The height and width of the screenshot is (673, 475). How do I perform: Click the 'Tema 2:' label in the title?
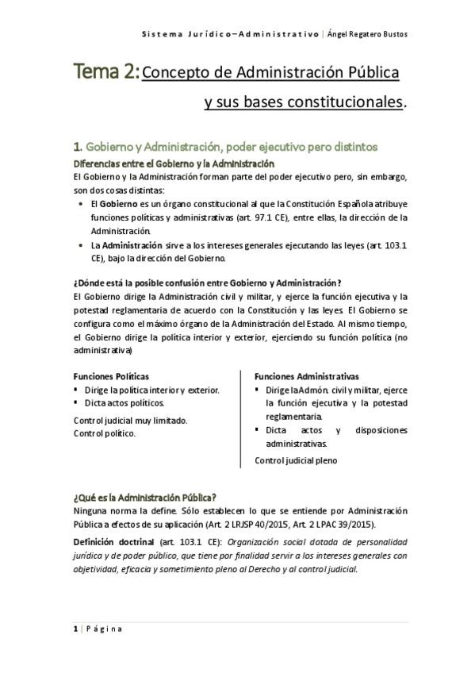tap(107, 73)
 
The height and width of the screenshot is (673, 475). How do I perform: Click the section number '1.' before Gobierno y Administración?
tap(77, 147)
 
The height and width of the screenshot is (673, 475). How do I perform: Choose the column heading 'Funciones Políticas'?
tap(111, 376)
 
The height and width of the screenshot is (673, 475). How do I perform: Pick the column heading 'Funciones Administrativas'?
tap(306, 376)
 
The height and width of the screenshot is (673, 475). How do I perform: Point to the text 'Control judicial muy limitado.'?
tap(130, 420)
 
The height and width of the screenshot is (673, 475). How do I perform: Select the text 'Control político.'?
tap(104, 433)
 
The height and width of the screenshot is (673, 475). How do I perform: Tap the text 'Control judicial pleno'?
tap(296, 460)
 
